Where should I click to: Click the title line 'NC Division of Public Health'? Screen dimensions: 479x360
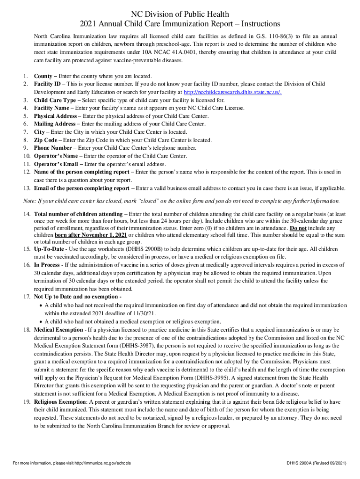pos(180,15)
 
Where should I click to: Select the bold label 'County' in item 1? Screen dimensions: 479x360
pos(43,76)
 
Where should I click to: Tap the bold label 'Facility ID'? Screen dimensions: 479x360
pos(47,84)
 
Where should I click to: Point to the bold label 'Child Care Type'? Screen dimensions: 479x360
pos(55,100)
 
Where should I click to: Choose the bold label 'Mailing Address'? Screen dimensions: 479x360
pos(55,123)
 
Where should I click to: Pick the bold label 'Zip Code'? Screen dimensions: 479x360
pos(45,140)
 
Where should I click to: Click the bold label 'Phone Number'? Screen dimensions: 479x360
pos(51,148)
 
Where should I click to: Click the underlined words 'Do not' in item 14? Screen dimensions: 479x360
pos(297,227)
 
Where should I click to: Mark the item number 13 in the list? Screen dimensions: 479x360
pos(27,188)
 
